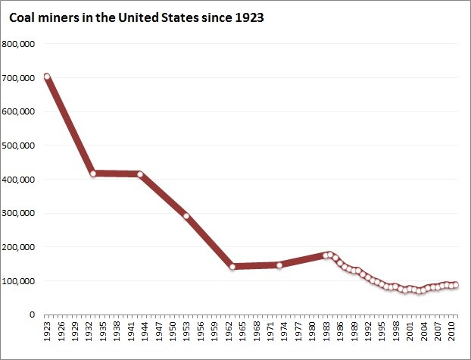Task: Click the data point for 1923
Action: [47, 77]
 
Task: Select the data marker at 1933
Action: [93, 174]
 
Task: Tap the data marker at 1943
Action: [140, 174]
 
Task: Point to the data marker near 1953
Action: [186, 217]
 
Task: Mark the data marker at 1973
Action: [279, 265]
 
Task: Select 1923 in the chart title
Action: [248, 17]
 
